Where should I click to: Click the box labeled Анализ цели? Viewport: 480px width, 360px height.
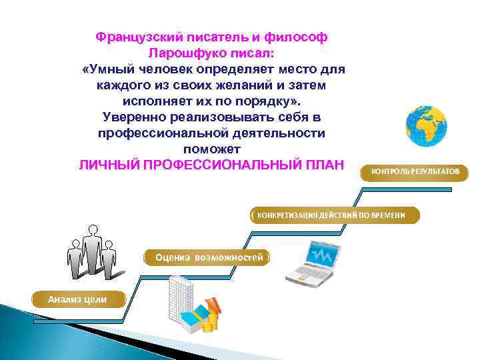click(77, 299)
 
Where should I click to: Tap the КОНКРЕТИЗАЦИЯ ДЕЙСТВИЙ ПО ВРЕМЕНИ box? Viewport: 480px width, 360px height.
click(336, 215)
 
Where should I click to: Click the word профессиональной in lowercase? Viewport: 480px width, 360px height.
click(164, 133)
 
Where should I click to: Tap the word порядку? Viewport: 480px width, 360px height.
click(266, 101)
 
